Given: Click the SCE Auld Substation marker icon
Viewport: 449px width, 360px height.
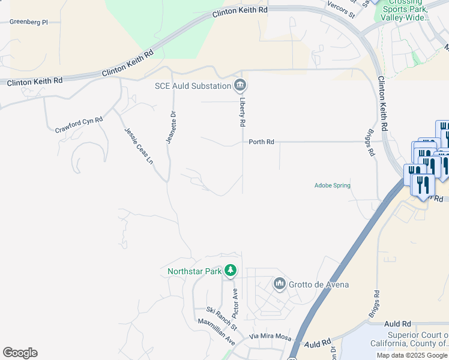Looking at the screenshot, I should coord(240,85).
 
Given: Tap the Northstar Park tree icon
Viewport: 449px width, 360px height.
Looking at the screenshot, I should coord(231,271).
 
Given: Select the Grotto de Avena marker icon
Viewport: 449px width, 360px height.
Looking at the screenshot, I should coord(279,283).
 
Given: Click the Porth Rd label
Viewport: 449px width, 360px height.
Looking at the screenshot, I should coord(262,142).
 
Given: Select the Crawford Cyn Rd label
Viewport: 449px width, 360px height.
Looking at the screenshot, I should coord(79,125).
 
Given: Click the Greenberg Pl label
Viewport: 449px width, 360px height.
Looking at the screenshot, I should coord(28,22).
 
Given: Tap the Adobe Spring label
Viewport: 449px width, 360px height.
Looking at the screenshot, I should coord(333,185).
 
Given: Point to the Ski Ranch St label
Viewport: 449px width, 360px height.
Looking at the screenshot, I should coord(221,319).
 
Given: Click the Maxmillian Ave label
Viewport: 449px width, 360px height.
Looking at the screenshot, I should coord(217,332).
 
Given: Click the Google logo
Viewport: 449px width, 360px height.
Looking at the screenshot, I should coord(20,353).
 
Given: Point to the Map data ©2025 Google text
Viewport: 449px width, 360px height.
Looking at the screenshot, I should coord(412,355).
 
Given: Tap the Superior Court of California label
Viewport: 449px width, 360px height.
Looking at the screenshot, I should coord(417,339).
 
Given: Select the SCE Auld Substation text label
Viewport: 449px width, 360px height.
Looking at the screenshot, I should coord(193,86).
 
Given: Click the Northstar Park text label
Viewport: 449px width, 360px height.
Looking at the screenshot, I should coord(194,272).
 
